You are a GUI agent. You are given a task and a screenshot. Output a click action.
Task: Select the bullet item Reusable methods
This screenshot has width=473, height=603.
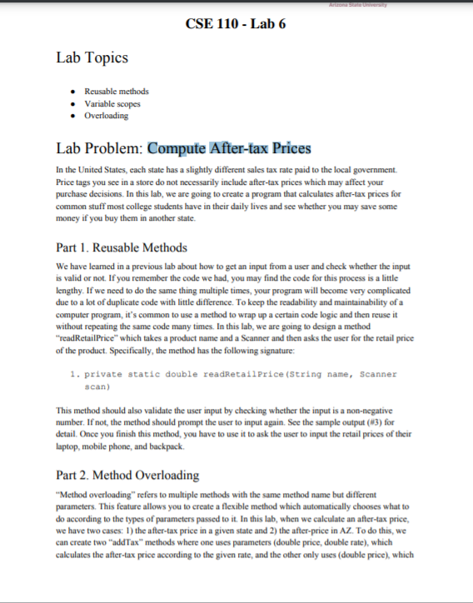[x=117, y=92]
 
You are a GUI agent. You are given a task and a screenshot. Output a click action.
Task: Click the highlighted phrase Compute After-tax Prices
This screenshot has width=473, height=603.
[x=229, y=148]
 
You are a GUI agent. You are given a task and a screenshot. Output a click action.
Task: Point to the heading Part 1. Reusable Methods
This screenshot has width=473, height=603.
[x=122, y=247]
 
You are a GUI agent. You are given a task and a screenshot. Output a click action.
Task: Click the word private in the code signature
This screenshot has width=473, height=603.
[x=103, y=376]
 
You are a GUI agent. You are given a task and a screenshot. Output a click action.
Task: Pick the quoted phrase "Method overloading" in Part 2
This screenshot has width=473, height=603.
[x=92, y=492]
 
